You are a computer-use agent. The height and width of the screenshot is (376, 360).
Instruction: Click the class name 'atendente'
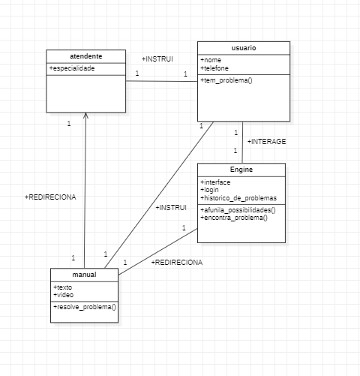[85, 56]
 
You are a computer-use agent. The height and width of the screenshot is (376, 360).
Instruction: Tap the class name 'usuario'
[243, 47]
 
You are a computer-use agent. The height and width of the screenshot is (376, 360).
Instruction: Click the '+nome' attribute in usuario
[211, 59]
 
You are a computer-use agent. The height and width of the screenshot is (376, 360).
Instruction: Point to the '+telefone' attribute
[215, 68]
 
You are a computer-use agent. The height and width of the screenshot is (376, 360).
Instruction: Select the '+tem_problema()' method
[226, 80]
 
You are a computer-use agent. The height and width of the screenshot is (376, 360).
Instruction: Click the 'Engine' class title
[241, 170]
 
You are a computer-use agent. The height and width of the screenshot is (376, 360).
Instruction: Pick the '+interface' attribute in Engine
[216, 182]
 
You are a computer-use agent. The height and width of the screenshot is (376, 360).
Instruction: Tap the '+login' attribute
[211, 190]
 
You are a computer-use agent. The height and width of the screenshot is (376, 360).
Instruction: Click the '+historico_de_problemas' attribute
[238, 198]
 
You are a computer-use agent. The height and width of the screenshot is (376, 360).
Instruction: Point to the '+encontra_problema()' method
[234, 218]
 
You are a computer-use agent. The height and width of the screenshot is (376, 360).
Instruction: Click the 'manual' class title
[85, 275]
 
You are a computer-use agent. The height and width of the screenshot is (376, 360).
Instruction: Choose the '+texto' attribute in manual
[63, 287]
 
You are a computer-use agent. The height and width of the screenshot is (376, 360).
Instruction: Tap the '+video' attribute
[64, 294]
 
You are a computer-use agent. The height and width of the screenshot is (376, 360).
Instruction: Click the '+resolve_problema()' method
[84, 307]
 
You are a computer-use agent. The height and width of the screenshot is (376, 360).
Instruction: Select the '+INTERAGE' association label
[266, 141]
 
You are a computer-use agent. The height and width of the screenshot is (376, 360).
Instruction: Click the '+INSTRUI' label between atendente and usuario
[157, 59]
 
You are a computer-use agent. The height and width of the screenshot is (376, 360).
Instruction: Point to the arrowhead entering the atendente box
[85, 115]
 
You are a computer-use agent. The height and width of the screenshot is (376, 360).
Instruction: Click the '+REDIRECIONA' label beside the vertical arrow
[50, 197]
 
